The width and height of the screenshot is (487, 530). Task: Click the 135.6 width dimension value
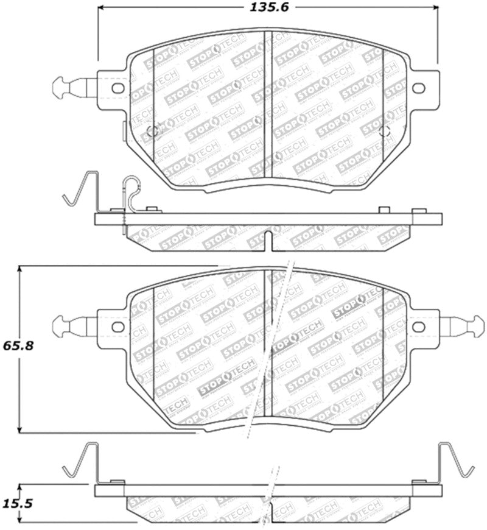point(267,9)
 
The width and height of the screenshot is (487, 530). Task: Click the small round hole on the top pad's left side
point(153,131)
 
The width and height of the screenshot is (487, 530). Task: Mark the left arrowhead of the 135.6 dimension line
point(101,9)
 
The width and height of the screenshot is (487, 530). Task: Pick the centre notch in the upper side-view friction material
point(268,238)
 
